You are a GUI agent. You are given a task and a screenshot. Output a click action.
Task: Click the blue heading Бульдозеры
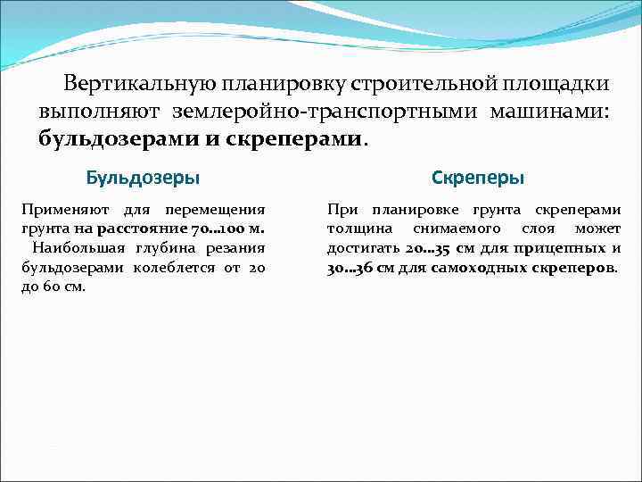pyautogui.click(x=143, y=177)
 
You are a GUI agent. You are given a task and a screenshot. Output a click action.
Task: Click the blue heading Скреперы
pyautogui.click(x=477, y=178)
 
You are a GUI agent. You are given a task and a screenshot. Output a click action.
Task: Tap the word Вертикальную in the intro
pyautogui.click(x=133, y=84)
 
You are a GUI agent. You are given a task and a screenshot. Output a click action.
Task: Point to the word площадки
pyautogui.click(x=555, y=84)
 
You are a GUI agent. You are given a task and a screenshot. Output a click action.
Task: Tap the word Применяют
pyautogui.click(x=62, y=210)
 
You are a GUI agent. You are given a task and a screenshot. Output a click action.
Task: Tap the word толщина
pyautogui.click(x=355, y=229)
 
